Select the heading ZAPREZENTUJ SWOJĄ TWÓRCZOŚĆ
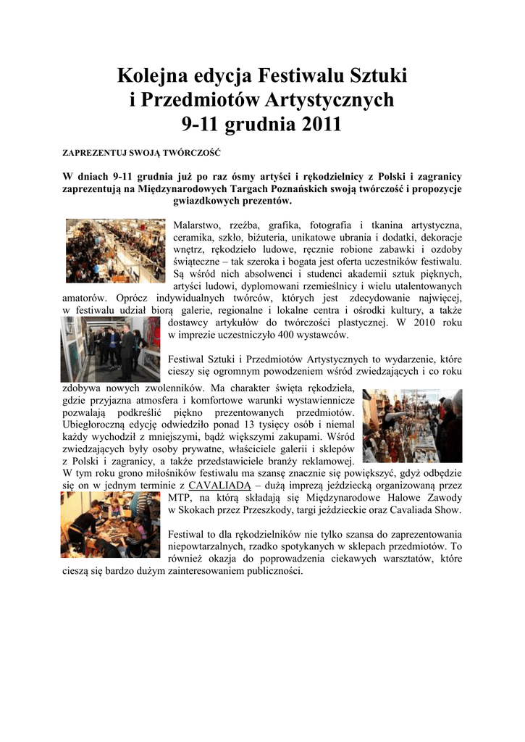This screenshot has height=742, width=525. (x=141, y=154)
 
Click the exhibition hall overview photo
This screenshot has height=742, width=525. (x=115, y=251)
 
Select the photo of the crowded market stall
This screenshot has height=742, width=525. (x=412, y=425)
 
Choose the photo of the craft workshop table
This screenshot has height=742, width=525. (x=110, y=525)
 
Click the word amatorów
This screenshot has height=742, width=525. (x=83, y=298)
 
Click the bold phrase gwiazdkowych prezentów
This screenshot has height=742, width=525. (x=227, y=201)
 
